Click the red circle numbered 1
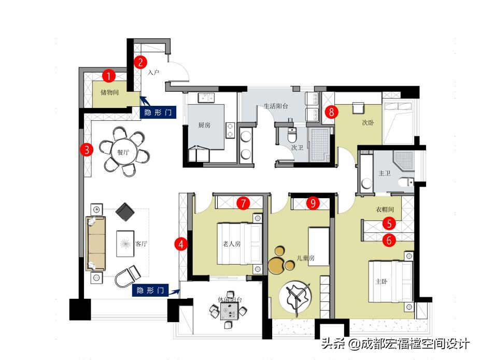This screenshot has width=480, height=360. (x=109, y=76)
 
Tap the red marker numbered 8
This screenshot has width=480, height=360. (x=332, y=112)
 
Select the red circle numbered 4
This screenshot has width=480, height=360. (x=181, y=244)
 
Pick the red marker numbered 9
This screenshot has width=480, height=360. (x=313, y=203)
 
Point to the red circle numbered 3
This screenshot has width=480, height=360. (x=87, y=149)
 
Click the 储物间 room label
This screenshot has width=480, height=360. (x=109, y=92)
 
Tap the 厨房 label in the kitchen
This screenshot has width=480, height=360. (x=204, y=124)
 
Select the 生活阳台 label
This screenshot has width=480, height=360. (x=276, y=106)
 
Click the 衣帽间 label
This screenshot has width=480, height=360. (x=385, y=209)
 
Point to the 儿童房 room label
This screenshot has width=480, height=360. (x=305, y=258)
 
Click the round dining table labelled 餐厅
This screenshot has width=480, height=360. (x=123, y=152)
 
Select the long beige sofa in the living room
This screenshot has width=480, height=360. (x=96, y=244)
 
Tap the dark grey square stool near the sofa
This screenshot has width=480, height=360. (x=125, y=212)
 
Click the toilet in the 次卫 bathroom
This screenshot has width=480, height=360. (x=292, y=135)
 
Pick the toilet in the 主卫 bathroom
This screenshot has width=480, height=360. (x=406, y=182)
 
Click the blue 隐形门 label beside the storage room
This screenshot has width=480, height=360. (x=158, y=112)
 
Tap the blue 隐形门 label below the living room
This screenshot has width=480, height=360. (x=150, y=290)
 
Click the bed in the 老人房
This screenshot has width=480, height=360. (x=239, y=244)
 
